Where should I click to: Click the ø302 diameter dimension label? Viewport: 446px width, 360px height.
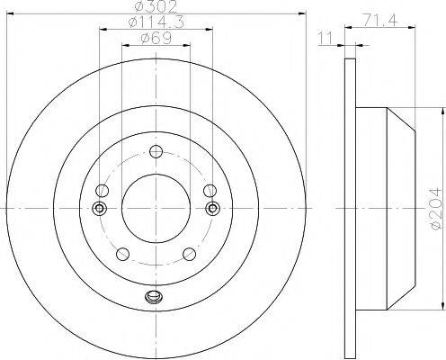156,6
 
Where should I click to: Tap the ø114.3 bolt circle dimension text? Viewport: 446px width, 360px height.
156,22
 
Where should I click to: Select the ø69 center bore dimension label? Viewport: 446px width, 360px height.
156,38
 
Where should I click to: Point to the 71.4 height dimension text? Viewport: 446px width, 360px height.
380,21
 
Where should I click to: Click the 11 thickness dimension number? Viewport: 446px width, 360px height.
326,38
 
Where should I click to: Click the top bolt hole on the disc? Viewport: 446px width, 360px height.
156,151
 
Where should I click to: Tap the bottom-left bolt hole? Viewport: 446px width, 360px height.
122,254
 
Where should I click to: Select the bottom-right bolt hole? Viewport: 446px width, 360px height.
190,254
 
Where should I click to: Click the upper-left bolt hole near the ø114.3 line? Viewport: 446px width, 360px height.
102,190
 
